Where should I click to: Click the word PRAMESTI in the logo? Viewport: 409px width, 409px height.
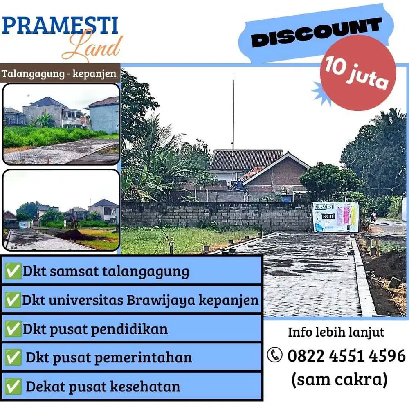click(60, 26)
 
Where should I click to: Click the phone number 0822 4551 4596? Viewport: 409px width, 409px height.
click(346, 355)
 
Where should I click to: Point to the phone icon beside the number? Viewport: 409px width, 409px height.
click(275, 355)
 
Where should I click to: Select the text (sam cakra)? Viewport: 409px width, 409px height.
click(339, 379)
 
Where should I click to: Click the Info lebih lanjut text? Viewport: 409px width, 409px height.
click(336, 332)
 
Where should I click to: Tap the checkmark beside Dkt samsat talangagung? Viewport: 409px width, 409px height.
click(13, 271)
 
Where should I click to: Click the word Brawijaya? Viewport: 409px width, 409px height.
click(161, 300)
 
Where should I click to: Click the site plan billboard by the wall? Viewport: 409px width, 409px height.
click(335, 216)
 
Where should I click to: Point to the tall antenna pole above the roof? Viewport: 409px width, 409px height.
click(233, 110)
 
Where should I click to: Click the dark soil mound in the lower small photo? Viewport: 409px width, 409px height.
click(71, 236)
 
